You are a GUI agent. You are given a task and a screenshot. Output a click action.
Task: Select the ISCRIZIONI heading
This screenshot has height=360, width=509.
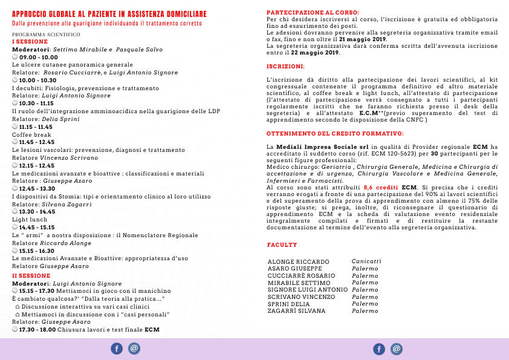(285, 65)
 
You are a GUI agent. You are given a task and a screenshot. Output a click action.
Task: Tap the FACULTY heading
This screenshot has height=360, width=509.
(282, 245)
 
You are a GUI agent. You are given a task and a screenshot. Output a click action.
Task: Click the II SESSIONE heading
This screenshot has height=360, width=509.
(31, 276)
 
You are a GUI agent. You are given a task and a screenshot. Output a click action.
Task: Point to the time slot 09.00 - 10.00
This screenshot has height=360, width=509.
(39, 56)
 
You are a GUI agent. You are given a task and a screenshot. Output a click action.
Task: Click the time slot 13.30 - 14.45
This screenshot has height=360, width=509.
(37, 212)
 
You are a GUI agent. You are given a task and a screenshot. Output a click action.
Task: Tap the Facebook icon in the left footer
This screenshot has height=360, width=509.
(117, 349)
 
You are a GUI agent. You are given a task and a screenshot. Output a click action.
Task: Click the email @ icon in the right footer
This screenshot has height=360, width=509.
(397, 349)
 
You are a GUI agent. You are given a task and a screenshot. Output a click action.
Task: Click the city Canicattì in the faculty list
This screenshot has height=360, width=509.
(366, 261)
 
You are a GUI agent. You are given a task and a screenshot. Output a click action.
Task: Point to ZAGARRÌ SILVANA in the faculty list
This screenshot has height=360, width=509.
(296, 311)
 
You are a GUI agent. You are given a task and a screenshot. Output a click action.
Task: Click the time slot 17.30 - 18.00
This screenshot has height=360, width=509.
(37, 330)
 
